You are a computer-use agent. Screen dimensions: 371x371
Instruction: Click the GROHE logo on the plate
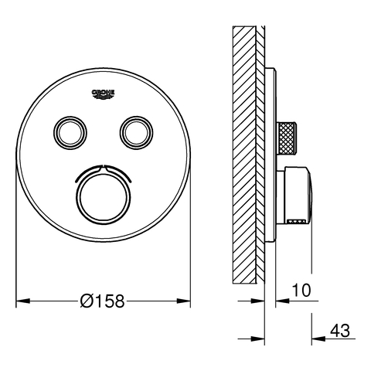click(104, 94)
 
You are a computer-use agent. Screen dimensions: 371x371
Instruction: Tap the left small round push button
click(70, 133)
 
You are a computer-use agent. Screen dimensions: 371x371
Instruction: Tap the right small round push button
click(136, 133)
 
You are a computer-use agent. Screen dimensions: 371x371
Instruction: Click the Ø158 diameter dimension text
click(102, 301)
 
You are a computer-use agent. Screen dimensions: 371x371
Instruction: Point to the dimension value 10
click(301, 290)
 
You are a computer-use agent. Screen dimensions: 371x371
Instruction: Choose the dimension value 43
click(340, 330)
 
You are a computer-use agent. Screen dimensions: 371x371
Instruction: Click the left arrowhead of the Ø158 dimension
click(23, 301)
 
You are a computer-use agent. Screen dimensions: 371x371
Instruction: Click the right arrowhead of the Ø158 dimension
click(183, 301)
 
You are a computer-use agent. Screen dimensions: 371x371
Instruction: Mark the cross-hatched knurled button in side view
click(287, 139)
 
